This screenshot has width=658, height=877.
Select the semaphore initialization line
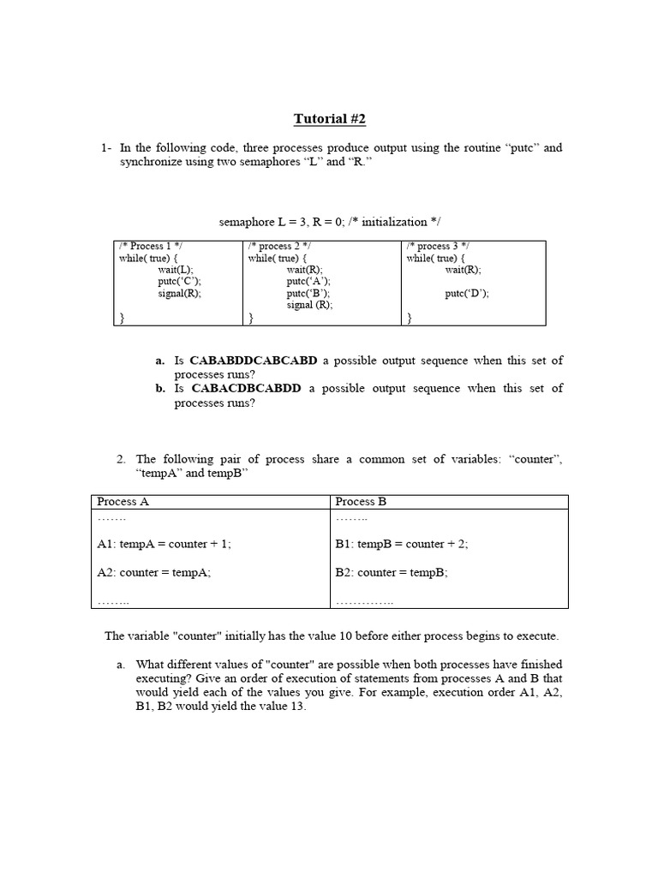point(330,222)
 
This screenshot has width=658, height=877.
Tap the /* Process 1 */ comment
point(151,246)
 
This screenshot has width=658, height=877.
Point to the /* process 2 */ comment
point(279,246)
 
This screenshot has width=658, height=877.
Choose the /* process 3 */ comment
point(438,246)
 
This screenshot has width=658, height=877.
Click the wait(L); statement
point(175,269)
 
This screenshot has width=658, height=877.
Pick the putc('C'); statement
point(180,281)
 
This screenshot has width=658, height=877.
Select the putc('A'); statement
point(308,281)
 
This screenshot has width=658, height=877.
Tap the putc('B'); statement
point(308,293)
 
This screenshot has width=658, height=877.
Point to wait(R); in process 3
point(463,269)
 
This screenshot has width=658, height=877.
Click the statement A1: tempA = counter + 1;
point(164,544)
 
